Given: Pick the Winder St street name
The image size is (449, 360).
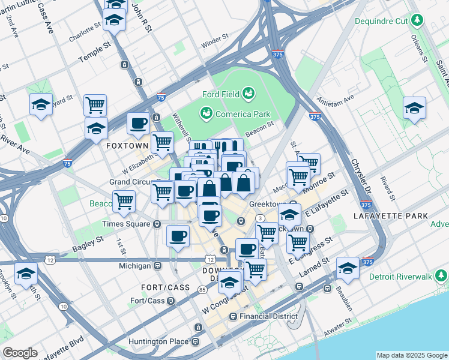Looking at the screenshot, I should tap(215, 43).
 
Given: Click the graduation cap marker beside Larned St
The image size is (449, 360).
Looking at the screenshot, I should tap(348, 269).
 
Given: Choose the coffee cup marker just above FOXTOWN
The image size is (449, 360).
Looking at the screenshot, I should tap(139, 124).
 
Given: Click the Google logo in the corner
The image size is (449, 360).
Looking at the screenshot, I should tap(20, 353).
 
